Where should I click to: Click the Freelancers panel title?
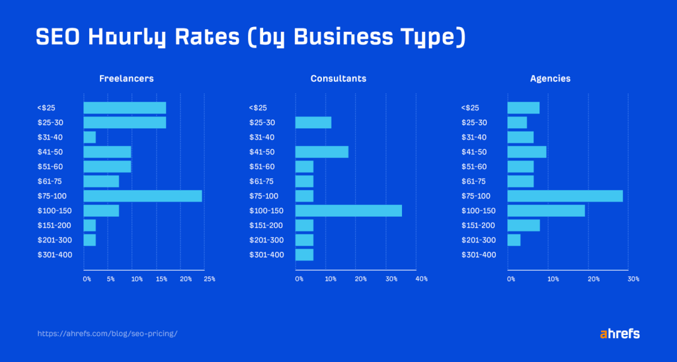tap(126, 79)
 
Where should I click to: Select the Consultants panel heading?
tap(338, 79)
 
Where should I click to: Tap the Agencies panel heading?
tap(550, 79)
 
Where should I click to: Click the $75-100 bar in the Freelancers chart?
tap(142, 196)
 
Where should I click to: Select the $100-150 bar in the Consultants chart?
tap(348, 211)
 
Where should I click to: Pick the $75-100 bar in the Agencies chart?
tap(565, 196)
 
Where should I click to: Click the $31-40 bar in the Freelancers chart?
tap(89, 137)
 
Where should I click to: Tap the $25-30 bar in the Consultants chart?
tap(313, 123)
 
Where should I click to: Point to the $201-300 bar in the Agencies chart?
tap(514, 240)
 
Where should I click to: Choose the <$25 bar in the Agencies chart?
tap(523, 108)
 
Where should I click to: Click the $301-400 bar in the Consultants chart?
tap(304, 255)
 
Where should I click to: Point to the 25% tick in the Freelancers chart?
tap(209, 279)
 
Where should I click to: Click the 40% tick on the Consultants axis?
tap(421, 279)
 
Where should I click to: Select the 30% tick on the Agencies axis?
tap(633, 279)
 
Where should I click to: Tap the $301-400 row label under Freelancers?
tap(55, 255)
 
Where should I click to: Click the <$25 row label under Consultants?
tap(258, 108)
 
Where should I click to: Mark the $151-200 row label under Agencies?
tap(477, 225)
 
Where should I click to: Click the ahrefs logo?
tap(619, 334)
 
